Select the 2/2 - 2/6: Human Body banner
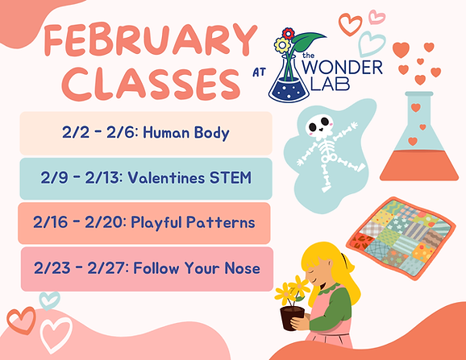[146, 132]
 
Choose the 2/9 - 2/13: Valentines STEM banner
[146, 178]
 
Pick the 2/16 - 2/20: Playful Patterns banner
[146, 222]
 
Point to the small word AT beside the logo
[259, 72]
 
